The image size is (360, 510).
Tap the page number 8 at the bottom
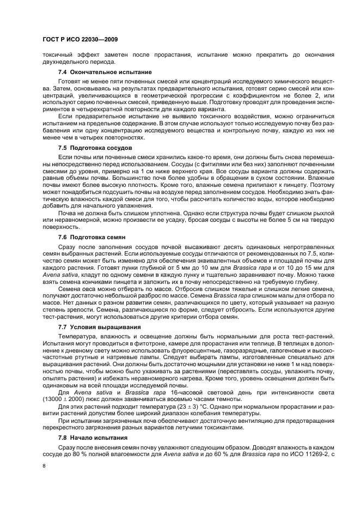point(44,466)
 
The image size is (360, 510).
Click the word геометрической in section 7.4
point(160,95)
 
